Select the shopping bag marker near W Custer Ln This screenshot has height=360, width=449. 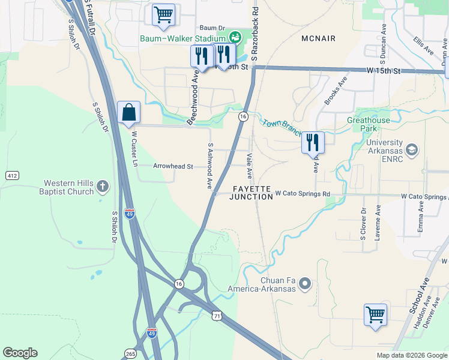click(128, 113)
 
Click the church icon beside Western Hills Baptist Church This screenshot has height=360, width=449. click(103, 187)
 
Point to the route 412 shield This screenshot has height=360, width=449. click(11, 175)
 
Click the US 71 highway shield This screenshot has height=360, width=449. click(217, 314)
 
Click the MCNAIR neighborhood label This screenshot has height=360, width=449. click(319, 38)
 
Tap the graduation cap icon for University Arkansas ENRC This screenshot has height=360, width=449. click(412, 149)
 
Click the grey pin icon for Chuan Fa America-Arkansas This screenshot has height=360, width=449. click(305, 283)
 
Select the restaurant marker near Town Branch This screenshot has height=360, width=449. click(313, 143)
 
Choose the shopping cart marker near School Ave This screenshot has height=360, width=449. click(375, 315)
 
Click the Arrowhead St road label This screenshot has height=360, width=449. click(173, 166)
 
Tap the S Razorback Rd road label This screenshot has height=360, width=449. click(255, 34)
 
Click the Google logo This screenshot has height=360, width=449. click(20, 353)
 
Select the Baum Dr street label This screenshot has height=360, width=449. click(211, 28)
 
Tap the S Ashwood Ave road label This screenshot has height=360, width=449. click(210, 166)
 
